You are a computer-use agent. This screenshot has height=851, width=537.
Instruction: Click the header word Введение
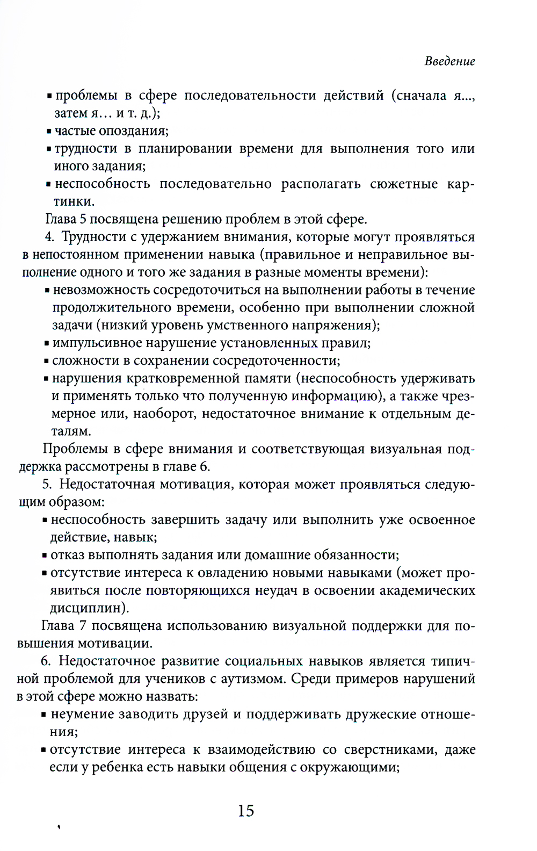tap(449, 61)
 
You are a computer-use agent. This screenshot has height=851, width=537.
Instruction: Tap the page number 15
tap(246, 810)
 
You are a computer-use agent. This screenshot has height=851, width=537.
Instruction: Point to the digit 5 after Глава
tap(83, 220)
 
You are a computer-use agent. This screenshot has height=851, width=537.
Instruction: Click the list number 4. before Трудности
tap(50, 237)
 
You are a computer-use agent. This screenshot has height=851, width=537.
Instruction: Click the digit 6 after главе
tap(205, 467)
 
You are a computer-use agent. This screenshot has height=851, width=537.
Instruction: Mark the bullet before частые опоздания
tap(49, 132)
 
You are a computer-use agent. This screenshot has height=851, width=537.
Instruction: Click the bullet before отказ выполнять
tap(45, 556)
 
